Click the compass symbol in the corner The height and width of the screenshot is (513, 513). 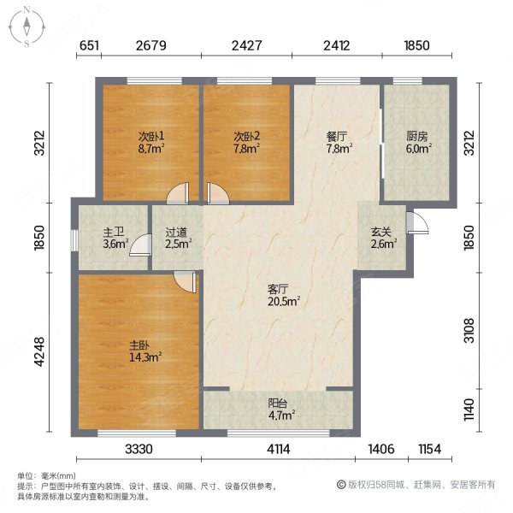point(27,26)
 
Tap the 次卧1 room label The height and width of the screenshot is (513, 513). point(151,136)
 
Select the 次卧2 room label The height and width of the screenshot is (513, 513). point(246,136)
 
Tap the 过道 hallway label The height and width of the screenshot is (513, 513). point(178,231)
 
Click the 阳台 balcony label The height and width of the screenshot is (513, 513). point(279,404)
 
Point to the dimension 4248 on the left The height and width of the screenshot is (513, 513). point(38,351)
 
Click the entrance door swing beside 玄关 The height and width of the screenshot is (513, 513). point(416,222)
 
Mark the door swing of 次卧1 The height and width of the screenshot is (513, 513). point(176,195)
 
